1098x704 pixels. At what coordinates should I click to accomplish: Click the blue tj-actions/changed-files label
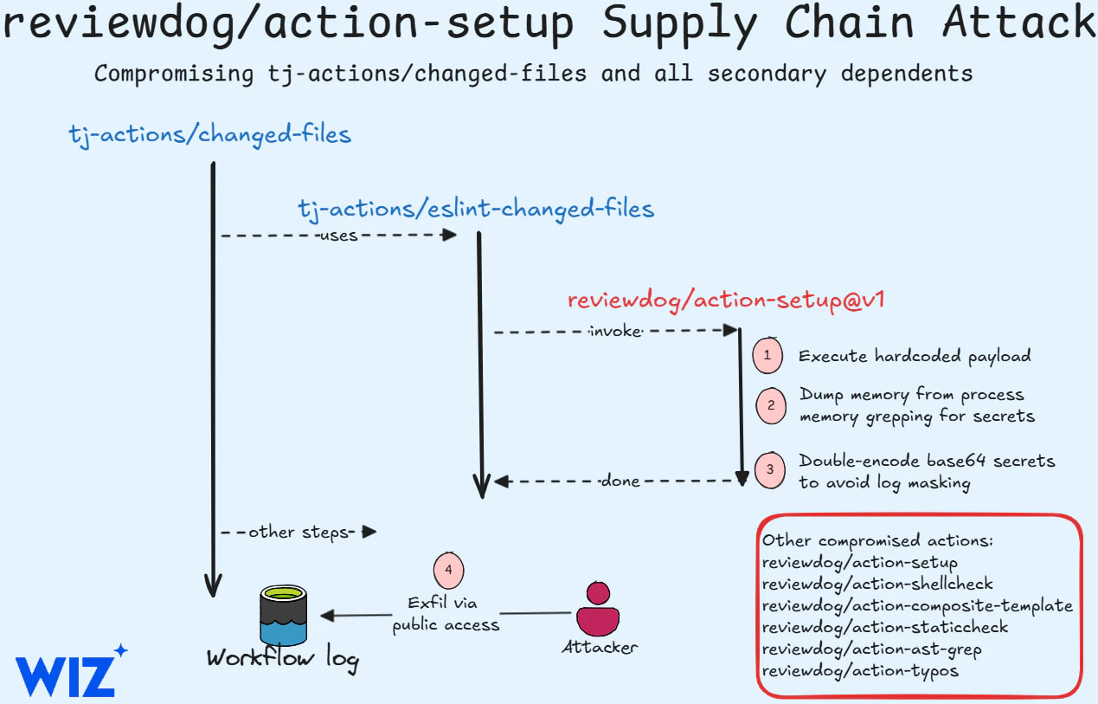209,134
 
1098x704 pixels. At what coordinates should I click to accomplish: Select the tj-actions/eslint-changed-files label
476,209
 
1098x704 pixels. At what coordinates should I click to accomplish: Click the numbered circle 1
767,355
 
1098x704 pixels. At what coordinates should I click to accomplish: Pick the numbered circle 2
770,405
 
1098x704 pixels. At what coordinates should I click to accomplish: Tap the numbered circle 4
448,569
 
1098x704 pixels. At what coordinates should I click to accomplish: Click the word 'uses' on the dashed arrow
338,235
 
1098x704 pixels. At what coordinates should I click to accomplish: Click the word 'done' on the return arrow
620,481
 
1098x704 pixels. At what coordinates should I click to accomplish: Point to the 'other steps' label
296,532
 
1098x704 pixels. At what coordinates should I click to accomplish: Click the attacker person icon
597,609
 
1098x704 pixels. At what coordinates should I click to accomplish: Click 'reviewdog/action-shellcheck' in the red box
877,584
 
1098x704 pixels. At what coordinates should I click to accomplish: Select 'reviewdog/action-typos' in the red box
860,670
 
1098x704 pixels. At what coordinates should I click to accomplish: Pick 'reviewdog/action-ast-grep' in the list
871,649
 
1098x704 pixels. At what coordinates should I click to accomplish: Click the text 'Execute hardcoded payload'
915,356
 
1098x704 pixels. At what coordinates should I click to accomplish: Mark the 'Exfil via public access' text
446,613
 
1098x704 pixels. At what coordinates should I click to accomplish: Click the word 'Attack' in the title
1018,24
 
